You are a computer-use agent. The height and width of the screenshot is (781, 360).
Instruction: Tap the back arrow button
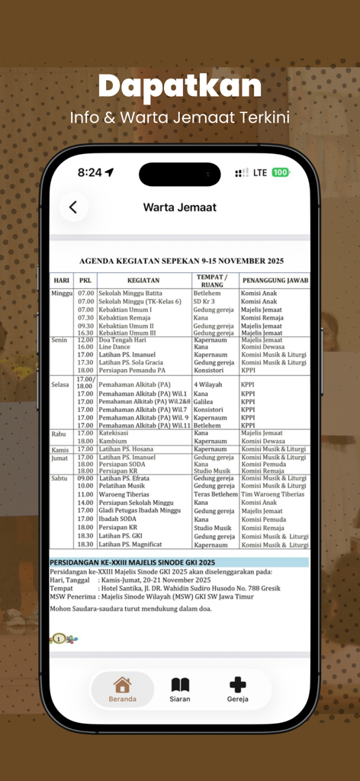click(73, 207)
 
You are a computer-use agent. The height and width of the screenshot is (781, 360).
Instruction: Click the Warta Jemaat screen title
click(180, 207)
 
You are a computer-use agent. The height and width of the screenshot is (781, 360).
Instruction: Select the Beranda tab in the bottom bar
click(122, 689)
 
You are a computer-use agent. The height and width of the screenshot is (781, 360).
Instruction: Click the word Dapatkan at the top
click(180, 86)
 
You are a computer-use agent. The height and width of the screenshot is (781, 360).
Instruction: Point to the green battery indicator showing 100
click(281, 172)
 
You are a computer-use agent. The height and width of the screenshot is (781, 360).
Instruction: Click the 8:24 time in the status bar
click(90, 172)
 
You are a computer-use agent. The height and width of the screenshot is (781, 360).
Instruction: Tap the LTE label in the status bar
click(259, 172)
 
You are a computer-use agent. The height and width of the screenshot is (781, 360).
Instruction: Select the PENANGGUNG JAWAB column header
click(275, 280)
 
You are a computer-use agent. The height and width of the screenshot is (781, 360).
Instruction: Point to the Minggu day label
click(62, 293)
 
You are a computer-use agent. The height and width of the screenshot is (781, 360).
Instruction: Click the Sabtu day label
click(60, 478)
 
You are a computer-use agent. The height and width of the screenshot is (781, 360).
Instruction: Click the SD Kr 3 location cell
click(204, 301)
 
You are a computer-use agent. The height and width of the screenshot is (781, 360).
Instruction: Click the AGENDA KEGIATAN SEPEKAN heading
click(181, 260)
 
